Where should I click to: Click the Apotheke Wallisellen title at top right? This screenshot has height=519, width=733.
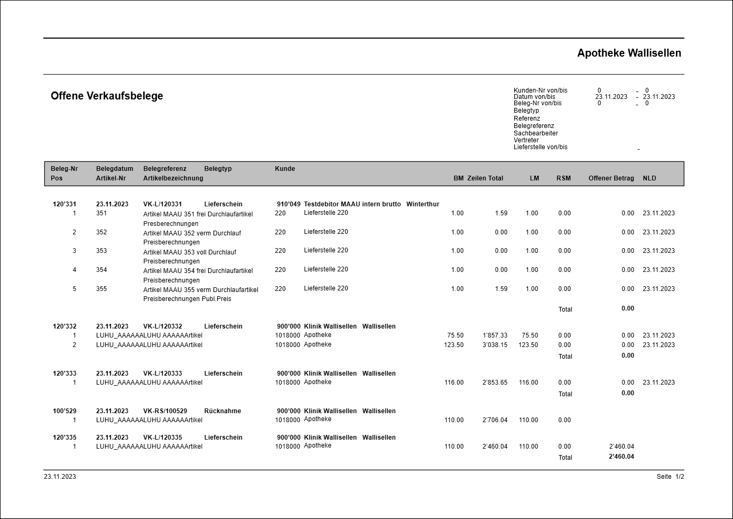point(629,53)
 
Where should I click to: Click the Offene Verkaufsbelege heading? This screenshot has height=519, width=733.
point(107,96)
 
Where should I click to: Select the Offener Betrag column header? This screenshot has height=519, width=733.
point(611,178)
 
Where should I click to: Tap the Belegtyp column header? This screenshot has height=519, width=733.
point(218,169)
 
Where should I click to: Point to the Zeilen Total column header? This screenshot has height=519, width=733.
point(485,178)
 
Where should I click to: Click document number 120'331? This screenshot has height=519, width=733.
point(64,204)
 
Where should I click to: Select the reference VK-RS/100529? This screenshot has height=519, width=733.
point(165,411)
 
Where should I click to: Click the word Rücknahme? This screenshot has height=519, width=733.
point(222,411)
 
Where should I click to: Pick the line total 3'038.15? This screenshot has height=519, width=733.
point(495,345)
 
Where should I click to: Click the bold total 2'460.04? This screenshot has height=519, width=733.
point(621,457)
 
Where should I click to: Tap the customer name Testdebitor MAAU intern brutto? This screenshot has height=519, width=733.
point(352,204)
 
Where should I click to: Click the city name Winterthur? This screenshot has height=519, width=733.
point(422,204)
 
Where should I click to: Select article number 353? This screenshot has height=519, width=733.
point(101,251)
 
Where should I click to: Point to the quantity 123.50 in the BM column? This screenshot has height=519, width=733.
point(453,345)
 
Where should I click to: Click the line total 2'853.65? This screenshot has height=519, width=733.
point(495,383)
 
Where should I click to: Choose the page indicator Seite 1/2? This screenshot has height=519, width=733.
point(670,477)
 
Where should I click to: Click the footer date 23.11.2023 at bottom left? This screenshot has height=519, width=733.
point(60,477)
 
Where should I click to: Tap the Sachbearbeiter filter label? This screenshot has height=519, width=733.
point(535,133)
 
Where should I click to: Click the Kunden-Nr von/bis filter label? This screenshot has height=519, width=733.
point(540,90)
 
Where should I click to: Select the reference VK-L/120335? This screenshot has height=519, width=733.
point(162,438)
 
